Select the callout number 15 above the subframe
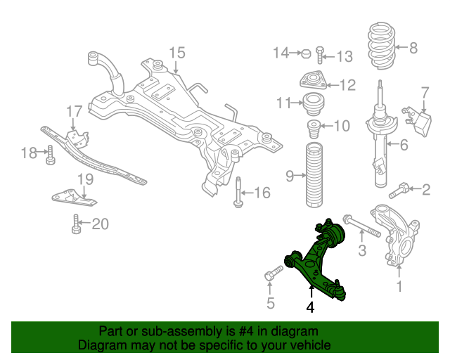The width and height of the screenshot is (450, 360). coord(176,52)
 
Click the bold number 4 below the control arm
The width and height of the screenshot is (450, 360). coord(310,307)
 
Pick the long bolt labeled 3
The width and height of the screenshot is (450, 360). coord(361,226)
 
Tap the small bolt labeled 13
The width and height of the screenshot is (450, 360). coord(321,54)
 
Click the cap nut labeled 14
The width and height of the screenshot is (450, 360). coord(306,53)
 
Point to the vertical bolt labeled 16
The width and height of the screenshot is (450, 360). coord(240,191)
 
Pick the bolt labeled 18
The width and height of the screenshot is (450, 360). coord(51,154)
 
